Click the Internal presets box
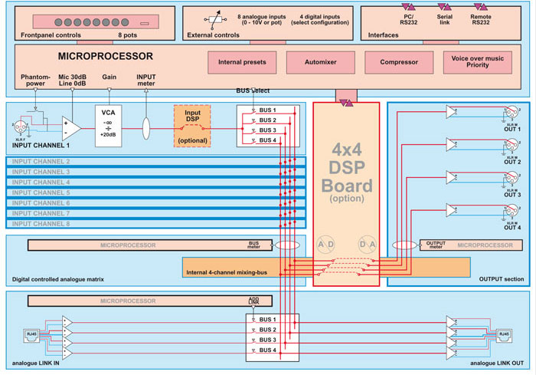pyautogui.click(x=242, y=62)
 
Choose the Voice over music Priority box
pyautogui.click(x=480, y=62)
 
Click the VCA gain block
pyautogui.click(x=108, y=123)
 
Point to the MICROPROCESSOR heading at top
pyautogui.click(x=106, y=56)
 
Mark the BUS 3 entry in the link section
pyautogui.click(x=269, y=339)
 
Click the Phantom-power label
pyautogui.click(x=38, y=80)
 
